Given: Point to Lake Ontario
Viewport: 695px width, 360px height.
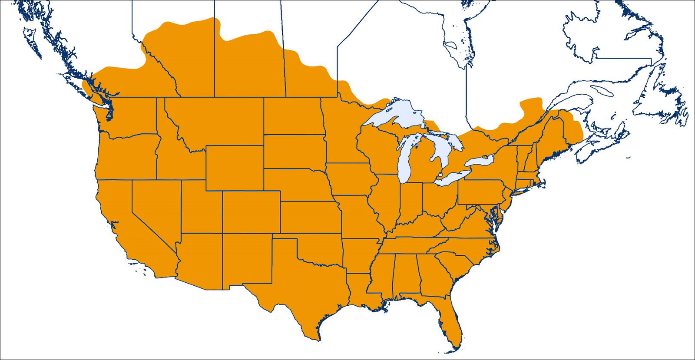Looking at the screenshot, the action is (480, 161).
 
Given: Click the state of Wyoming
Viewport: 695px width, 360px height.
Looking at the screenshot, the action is (235, 168).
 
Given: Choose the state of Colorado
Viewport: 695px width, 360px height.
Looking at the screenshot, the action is (251, 211).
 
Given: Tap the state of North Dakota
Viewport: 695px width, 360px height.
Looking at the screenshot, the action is (292, 116).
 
